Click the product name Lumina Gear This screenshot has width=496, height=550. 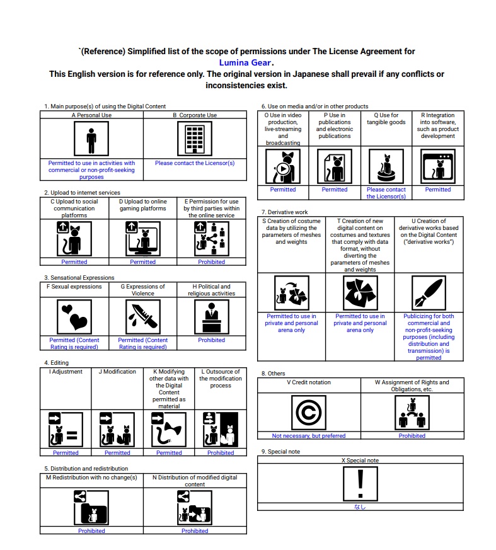[x=246, y=62]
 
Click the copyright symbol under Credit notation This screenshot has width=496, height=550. [x=309, y=412]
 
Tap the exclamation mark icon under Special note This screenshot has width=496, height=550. [x=360, y=483]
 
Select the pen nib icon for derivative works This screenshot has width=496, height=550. [x=429, y=293]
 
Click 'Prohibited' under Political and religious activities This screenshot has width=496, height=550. [x=212, y=340]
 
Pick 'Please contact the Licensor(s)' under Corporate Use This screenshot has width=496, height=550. [x=195, y=163]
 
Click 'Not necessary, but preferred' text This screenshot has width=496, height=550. [x=309, y=436]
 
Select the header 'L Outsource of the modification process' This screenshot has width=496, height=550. [x=221, y=378]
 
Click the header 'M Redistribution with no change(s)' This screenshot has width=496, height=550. [x=92, y=478]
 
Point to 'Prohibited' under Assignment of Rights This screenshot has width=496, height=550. [x=412, y=436]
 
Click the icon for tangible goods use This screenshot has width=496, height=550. [x=386, y=166]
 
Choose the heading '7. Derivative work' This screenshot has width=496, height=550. [x=284, y=212]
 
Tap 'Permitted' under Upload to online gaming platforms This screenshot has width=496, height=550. [x=143, y=262]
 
